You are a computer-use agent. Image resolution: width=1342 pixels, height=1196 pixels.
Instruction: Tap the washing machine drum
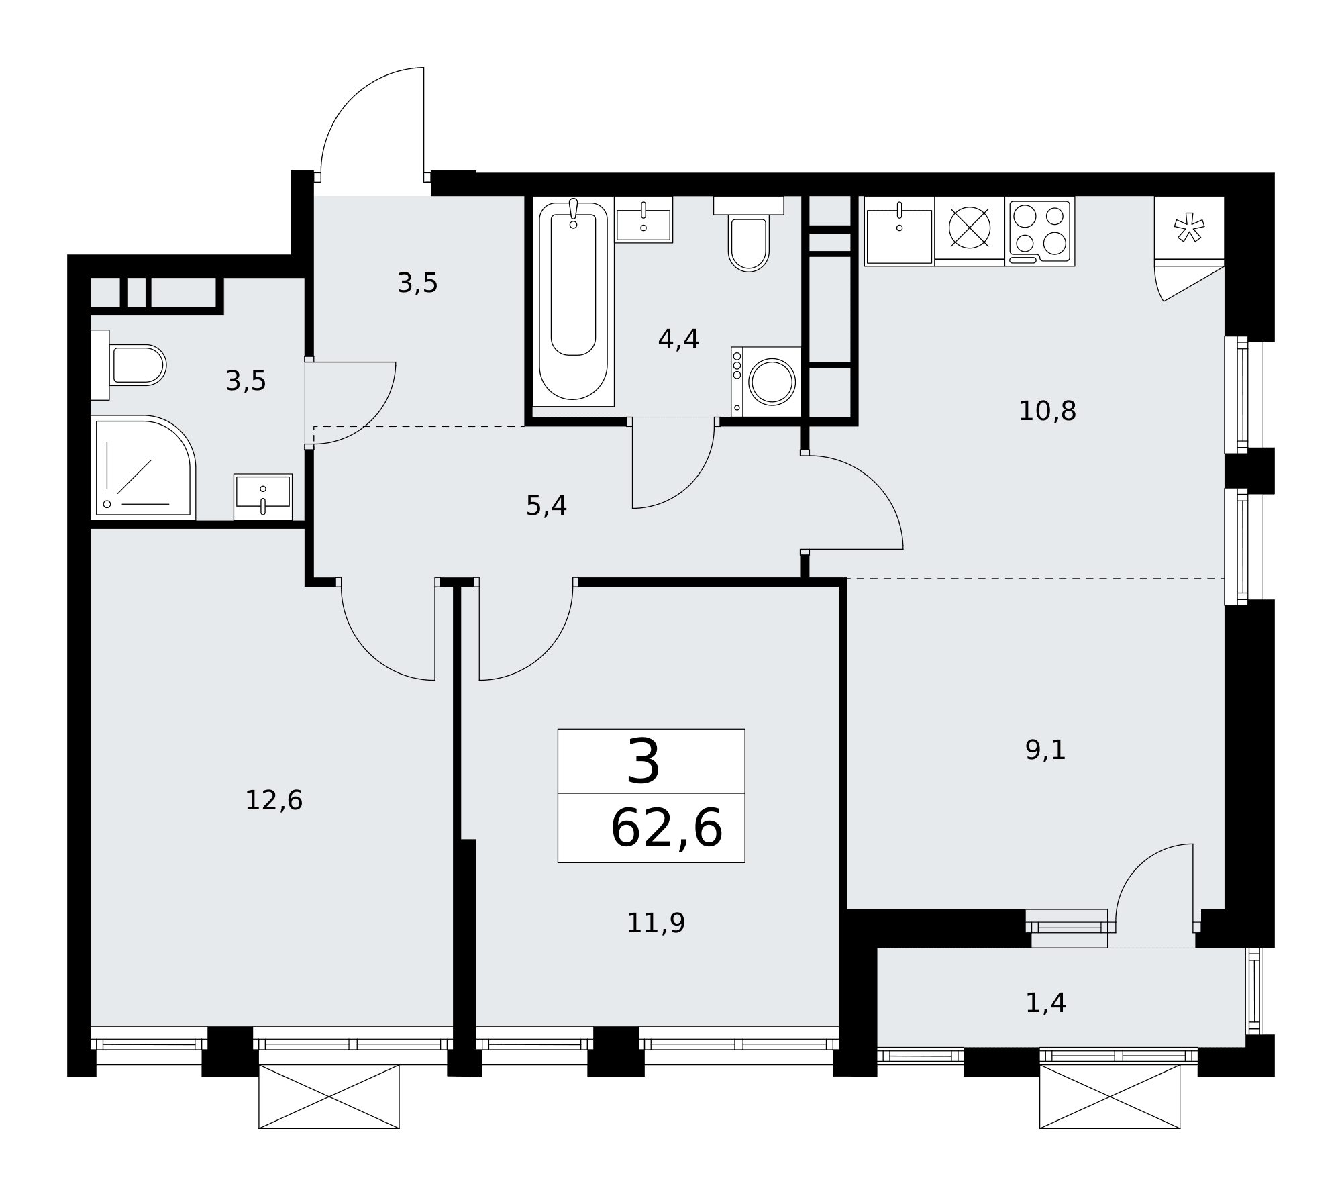coord(772,382)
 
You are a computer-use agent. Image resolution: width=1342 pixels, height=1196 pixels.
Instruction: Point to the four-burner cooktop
coord(1040,231)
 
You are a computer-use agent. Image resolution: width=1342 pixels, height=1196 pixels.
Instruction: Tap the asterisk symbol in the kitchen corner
coord(1189,228)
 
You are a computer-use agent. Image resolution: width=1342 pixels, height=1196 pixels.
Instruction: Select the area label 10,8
coord(1047,411)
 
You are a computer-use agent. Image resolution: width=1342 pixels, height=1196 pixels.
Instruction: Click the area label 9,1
coord(1045,750)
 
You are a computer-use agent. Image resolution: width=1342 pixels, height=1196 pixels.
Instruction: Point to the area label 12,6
coord(274,800)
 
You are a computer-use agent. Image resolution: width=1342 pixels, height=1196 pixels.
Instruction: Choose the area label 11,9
coord(656,923)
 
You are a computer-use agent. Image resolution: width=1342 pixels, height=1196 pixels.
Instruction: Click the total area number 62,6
coord(666,829)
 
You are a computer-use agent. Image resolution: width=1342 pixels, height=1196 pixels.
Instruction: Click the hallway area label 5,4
coord(546,506)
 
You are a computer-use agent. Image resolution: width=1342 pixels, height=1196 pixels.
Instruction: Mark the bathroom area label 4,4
coord(678,340)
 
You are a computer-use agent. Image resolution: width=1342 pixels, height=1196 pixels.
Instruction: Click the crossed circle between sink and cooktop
coord(970,227)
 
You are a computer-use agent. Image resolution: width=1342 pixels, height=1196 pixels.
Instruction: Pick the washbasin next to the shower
coord(263,497)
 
